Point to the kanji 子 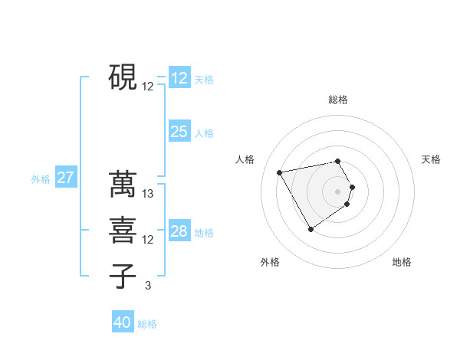(123, 276)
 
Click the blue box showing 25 (179, 132)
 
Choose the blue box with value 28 (179, 231)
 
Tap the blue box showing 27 (66, 178)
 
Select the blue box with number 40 (123, 322)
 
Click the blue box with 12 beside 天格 (179, 78)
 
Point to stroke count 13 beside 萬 (149, 194)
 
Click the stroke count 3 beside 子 (148, 286)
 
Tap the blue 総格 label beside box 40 (147, 324)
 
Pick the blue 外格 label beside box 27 (41, 179)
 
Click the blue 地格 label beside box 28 (204, 233)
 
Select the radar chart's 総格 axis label (338, 100)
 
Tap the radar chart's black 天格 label (431, 159)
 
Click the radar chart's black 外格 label (270, 263)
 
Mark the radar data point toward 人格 (280, 173)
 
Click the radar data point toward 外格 (310, 229)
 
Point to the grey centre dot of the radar (338, 191)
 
